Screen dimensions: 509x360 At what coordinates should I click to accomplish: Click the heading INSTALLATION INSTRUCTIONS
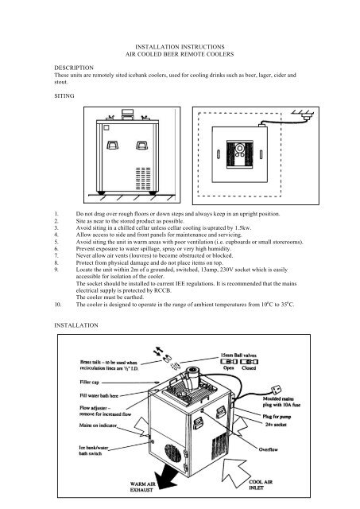180,48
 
